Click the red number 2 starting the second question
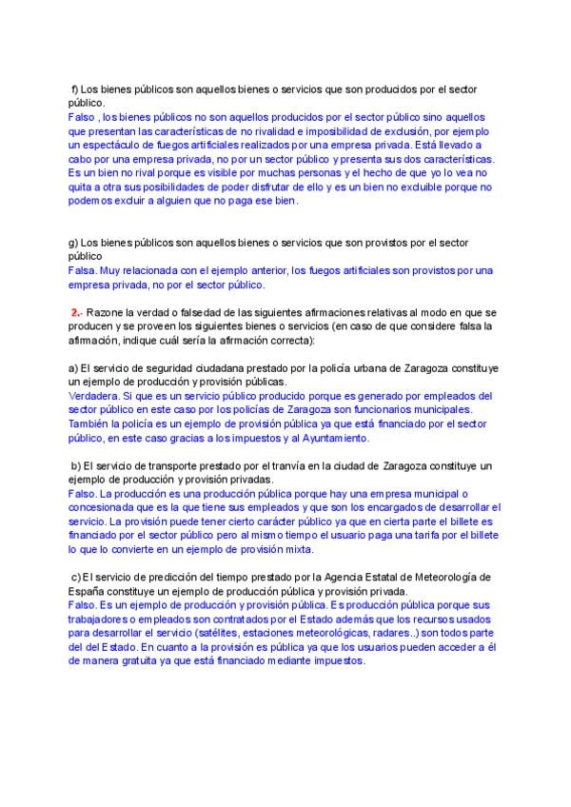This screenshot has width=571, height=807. [x=74, y=312]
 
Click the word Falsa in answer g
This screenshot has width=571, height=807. [x=84, y=270]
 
